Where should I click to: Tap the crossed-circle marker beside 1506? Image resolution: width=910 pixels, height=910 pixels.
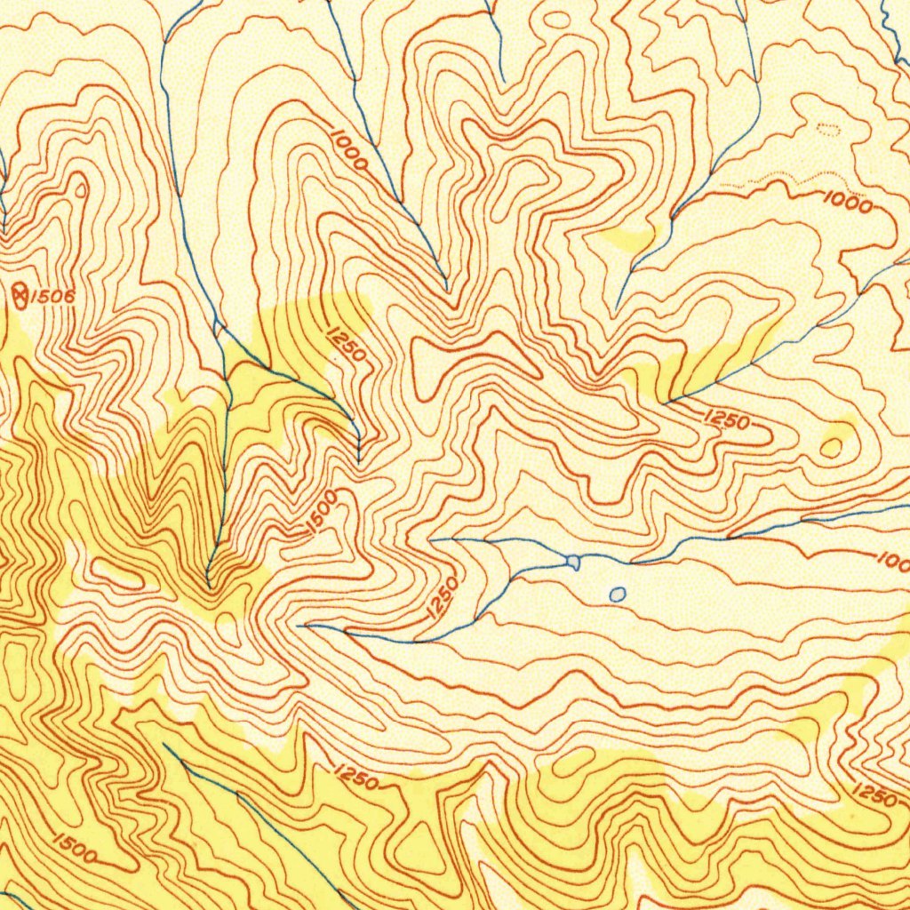(x=20, y=291)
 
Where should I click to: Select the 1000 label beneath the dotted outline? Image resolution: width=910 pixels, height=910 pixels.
(x=847, y=202)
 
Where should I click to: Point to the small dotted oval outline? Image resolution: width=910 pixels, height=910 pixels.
(x=827, y=130)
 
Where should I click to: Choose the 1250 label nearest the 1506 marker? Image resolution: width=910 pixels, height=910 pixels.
(x=346, y=345)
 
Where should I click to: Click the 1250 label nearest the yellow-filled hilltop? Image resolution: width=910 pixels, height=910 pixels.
(x=727, y=421)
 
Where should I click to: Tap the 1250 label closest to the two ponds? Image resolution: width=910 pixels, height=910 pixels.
(x=442, y=598)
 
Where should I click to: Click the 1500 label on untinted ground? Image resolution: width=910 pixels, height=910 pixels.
(x=322, y=513)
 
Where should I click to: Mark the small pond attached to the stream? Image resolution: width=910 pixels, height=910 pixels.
(x=573, y=562)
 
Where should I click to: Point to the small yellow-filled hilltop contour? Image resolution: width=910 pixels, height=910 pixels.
(x=834, y=445)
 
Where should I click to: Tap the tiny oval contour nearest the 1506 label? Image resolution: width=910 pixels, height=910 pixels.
(x=82, y=189)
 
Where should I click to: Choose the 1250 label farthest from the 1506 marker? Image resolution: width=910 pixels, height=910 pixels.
(x=874, y=794)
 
